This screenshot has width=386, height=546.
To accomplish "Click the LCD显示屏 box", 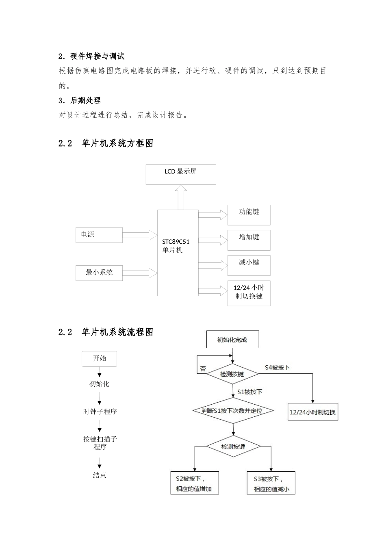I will click(181, 174).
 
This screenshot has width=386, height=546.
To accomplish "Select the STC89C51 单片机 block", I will click(178, 253).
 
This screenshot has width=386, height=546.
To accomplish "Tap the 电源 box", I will click(99, 235).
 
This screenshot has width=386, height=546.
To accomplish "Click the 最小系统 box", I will click(99, 273).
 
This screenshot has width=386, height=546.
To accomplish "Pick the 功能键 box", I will click(249, 215).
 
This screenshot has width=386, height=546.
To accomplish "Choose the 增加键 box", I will click(249, 240).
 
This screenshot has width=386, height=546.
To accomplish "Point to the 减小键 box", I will click(249, 265).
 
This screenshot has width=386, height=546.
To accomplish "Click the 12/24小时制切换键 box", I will click(249, 292).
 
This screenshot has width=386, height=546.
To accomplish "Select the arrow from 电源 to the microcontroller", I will click(139, 235).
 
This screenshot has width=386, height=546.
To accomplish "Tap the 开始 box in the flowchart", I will click(99, 359).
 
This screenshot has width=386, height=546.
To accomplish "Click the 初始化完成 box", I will click(232, 340).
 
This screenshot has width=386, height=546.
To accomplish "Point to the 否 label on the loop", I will click(203, 369).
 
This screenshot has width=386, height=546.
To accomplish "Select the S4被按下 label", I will click(277, 367).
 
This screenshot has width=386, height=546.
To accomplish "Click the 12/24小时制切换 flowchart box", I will click(312, 412).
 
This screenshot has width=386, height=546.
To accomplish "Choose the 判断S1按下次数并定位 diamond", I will click(233, 411).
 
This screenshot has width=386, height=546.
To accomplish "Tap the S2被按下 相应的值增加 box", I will click(194, 483).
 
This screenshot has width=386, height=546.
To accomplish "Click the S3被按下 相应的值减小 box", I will click(271, 483).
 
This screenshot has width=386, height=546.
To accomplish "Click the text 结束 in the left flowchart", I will click(100, 475).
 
